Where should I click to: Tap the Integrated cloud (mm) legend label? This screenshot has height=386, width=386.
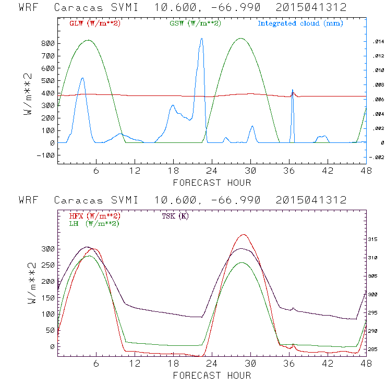coord(300,23)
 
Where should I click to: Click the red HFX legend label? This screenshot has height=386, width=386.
coord(94,216)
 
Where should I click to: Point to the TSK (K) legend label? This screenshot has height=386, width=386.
coord(175,216)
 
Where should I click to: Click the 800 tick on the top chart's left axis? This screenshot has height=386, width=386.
coord(48,43)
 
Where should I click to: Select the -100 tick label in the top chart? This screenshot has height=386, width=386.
coord(45,155)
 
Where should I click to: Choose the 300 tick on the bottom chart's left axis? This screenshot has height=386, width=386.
coord(48,249)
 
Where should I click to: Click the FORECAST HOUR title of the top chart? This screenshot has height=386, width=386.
coord(212,183)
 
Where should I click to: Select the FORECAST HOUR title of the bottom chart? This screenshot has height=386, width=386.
coord(212,376)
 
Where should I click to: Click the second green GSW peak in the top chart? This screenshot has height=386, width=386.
coord(240,38)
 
